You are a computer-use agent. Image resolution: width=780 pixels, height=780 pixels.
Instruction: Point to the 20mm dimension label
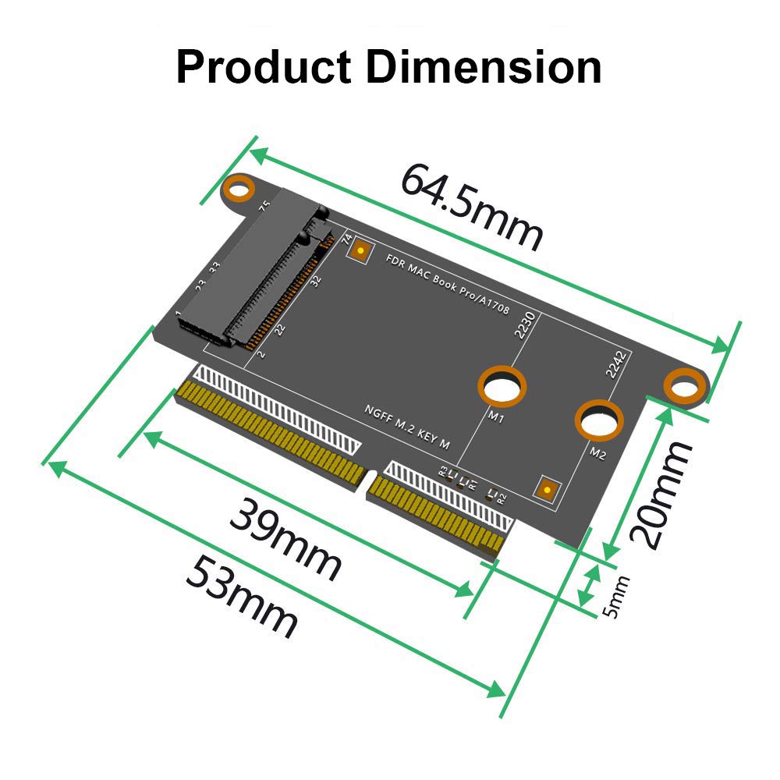click(660, 493)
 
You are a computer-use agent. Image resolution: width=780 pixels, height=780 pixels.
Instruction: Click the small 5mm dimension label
click(617, 597)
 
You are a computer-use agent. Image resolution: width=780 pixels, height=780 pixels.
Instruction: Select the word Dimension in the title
click(484, 67)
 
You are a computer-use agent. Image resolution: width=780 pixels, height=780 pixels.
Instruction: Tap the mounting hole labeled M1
click(502, 386)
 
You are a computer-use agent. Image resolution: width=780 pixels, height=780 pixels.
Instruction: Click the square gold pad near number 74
click(360, 250)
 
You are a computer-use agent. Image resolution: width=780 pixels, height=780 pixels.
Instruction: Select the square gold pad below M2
click(548, 489)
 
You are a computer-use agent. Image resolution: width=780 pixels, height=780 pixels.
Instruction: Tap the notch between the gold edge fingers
click(372, 481)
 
